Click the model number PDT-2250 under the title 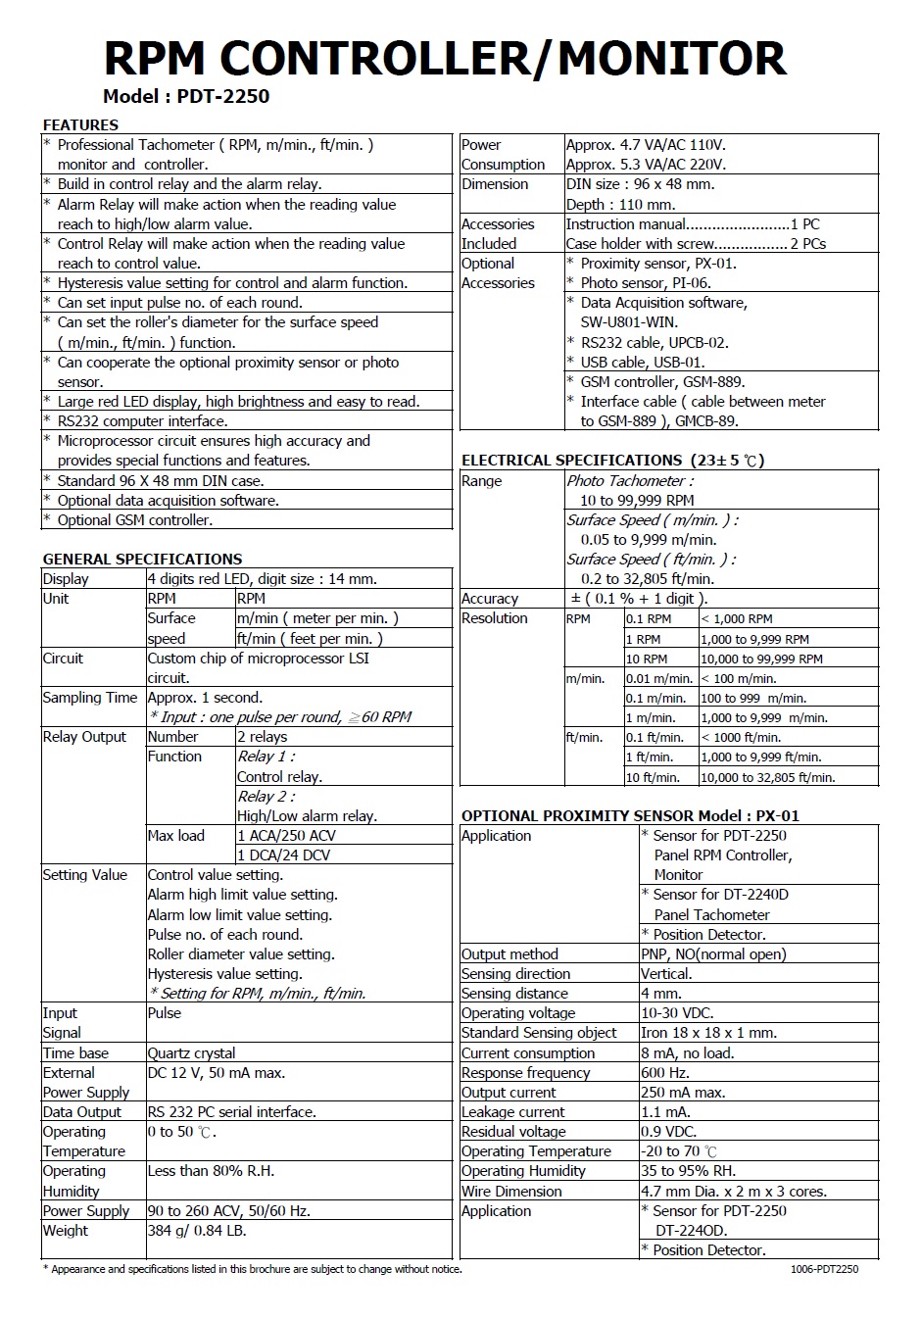click(x=223, y=96)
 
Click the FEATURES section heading click(x=80, y=125)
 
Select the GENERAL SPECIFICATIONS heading click(x=142, y=559)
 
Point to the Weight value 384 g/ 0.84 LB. click(x=197, y=1230)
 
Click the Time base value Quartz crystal click(x=191, y=1052)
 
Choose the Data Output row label click(x=82, y=1111)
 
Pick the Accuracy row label click(x=490, y=599)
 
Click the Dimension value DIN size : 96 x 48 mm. click(x=641, y=184)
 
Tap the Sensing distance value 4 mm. click(x=661, y=994)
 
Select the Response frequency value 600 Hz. click(x=665, y=1072)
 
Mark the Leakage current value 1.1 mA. click(x=665, y=1111)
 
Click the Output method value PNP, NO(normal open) click(x=713, y=953)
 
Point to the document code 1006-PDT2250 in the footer click(x=824, y=1269)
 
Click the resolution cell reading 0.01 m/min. click(x=659, y=678)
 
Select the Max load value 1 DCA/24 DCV click(x=284, y=855)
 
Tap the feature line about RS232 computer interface click(x=142, y=421)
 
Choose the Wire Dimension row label click(x=511, y=1191)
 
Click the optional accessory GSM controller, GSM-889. click(x=662, y=382)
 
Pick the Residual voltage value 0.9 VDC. click(x=669, y=1131)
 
